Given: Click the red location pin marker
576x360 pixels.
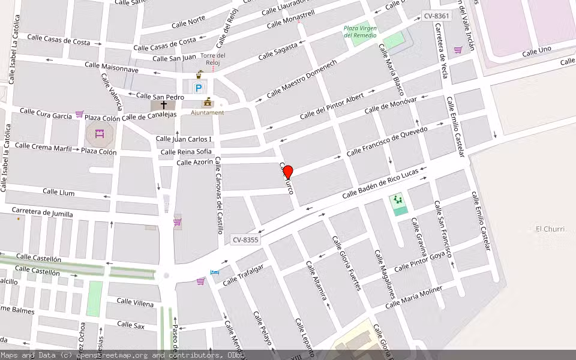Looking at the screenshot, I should click(288, 172).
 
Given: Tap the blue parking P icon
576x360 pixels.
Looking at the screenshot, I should click(198, 89).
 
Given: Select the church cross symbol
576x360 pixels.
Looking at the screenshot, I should click(164, 104).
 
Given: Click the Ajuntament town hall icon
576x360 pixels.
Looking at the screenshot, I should click(208, 102).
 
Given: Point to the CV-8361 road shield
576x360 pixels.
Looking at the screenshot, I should click(436, 16).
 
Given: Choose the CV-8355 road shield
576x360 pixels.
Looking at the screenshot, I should click(245, 240).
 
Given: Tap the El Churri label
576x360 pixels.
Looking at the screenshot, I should click(548, 229).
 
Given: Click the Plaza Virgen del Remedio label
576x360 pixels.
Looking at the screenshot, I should click(361, 31).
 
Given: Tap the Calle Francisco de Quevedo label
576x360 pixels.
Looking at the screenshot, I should click(388, 142).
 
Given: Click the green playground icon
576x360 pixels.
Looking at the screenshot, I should click(397, 200).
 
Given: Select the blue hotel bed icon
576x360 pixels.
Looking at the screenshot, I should click(215, 272).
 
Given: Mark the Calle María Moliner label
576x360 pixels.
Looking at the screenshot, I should click(413, 297).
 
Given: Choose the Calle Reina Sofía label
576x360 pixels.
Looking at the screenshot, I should click(186, 152).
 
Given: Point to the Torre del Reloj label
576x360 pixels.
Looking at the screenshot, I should click(213, 59).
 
